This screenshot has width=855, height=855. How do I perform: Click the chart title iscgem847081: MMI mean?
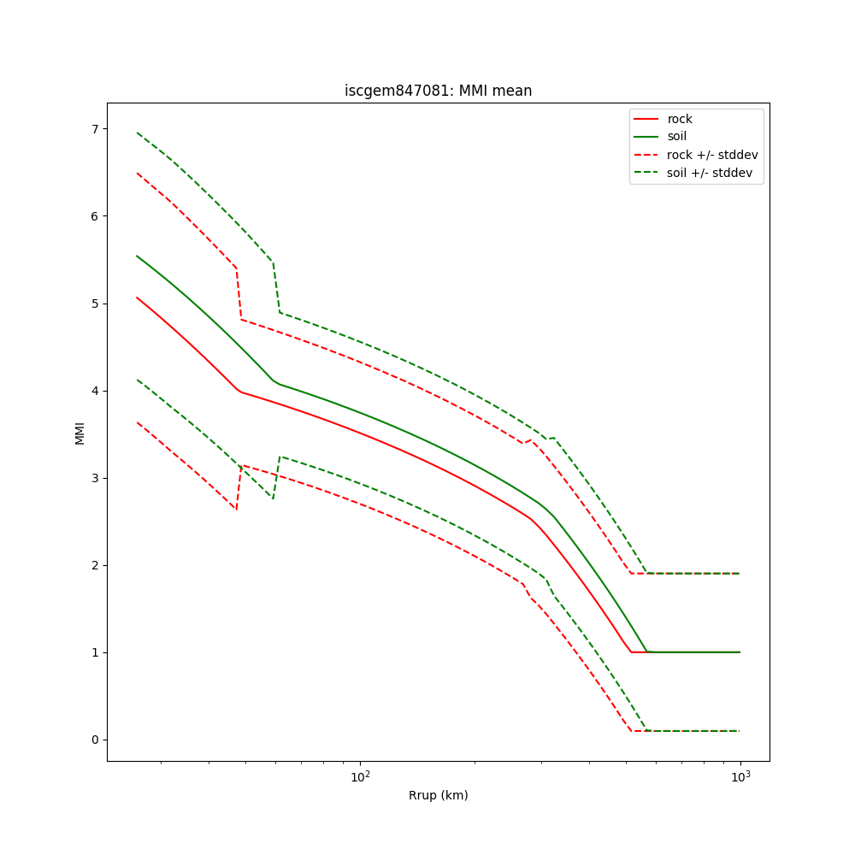pyautogui.click(x=438, y=91)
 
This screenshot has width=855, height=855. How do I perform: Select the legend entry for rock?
pyautogui.click(x=680, y=119)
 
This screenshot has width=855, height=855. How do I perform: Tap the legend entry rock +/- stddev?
pyautogui.click(x=712, y=155)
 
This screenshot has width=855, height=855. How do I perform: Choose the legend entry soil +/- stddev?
pyautogui.click(x=711, y=173)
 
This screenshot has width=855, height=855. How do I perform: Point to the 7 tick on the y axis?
pyautogui.click(x=95, y=129)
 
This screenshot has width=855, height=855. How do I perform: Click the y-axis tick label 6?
pyautogui.click(x=95, y=216)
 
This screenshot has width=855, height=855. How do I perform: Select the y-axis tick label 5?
pyautogui.click(x=95, y=304)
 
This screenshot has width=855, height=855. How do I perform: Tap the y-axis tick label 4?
pyautogui.click(x=95, y=391)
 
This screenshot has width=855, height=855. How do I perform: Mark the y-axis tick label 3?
pyautogui.click(x=95, y=478)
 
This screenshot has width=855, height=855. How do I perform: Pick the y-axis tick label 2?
pyautogui.click(x=95, y=565)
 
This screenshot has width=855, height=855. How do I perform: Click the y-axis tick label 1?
pyautogui.click(x=95, y=652)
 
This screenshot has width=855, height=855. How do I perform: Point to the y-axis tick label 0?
pyautogui.click(x=95, y=740)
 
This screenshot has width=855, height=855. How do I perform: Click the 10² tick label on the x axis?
pyautogui.click(x=360, y=775)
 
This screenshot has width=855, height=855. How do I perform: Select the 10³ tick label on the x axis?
pyautogui.click(x=740, y=775)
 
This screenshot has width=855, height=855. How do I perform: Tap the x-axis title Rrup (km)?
pyautogui.click(x=438, y=795)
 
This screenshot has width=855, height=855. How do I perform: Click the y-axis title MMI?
pyautogui.click(x=80, y=433)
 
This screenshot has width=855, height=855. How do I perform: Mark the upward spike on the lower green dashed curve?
pyautogui.click(x=280, y=457)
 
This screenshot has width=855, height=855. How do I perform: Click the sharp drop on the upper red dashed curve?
pyautogui.click(x=239, y=293)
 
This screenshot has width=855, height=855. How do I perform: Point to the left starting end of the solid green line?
pyautogui.click(x=137, y=256)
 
